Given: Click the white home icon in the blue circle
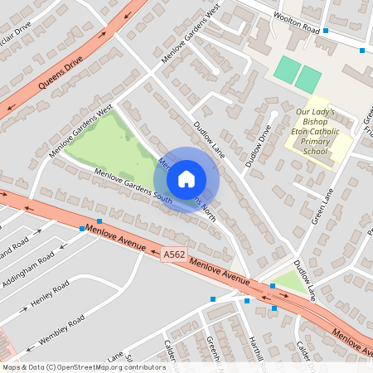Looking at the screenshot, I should pyautogui.click(x=186, y=178).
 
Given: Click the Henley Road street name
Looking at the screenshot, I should pyautogui.click(x=50, y=294).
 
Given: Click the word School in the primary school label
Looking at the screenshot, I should pyautogui.click(x=315, y=152).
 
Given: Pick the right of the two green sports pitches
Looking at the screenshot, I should pyautogui.click(x=308, y=80).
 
